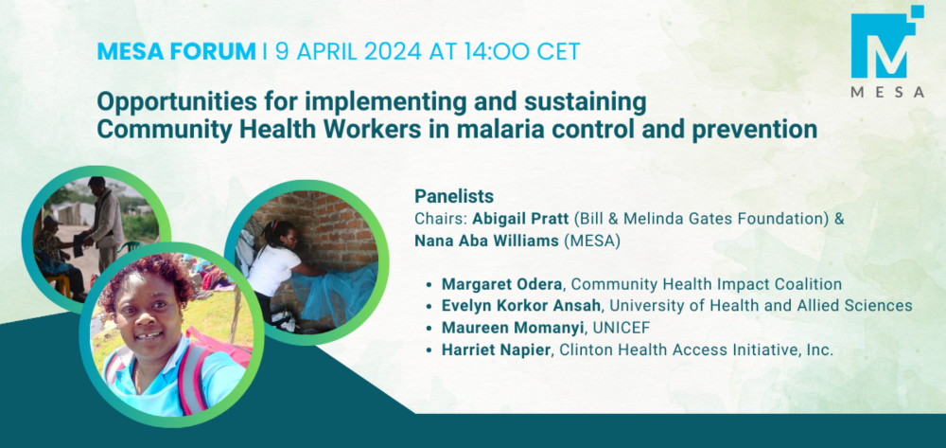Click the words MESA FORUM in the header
click(x=176, y=51)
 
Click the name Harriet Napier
click(x=497, y=350)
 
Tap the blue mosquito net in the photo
click(x=330, y=294)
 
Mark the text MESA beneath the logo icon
click(x=887, y=93)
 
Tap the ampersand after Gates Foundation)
click(x=838, y=219)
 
